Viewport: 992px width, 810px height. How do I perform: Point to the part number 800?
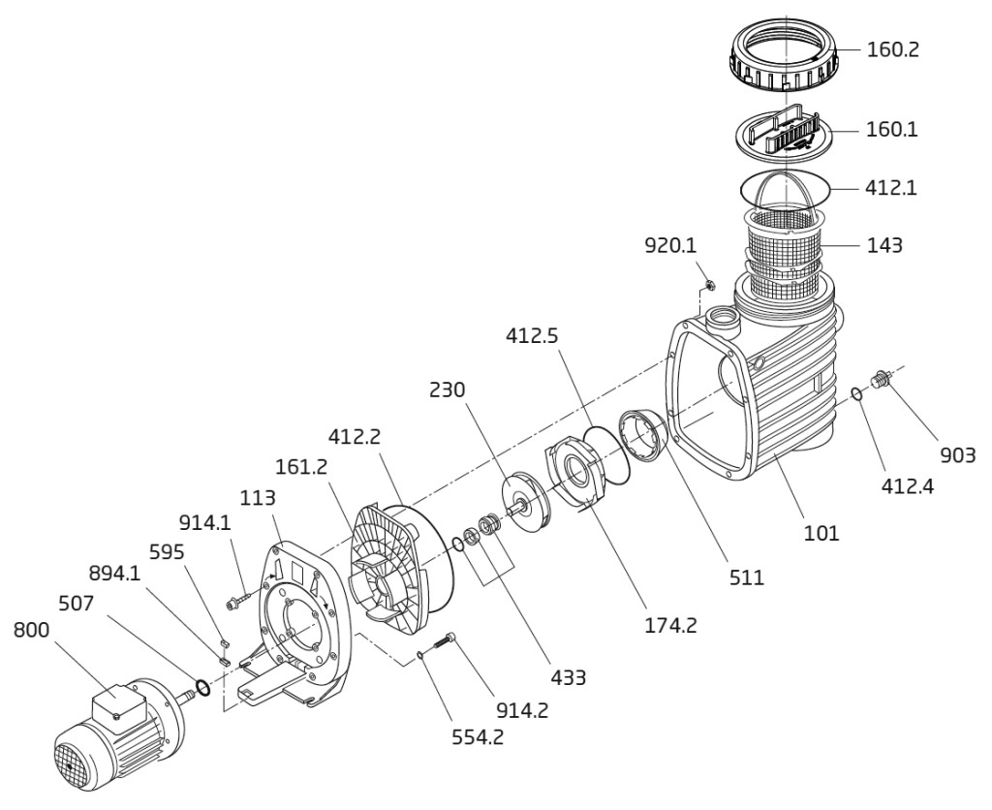point(34,630)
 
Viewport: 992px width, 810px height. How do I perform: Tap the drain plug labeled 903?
point(881,380)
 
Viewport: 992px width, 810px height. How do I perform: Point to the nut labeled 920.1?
point(708,285)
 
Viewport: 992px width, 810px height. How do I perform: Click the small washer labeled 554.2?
point(420,654)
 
